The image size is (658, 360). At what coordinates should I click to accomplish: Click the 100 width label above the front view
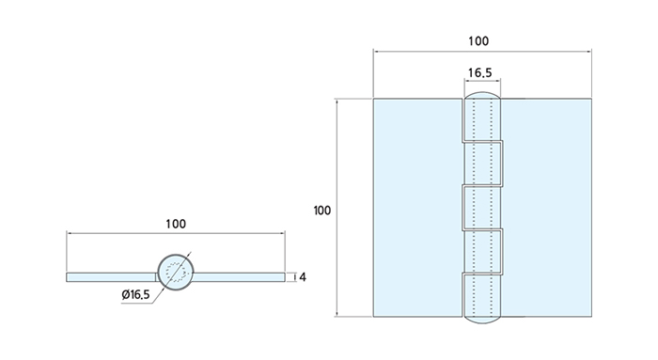tap(478, 41)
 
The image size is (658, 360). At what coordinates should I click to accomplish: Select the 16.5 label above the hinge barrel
tap(479, 73)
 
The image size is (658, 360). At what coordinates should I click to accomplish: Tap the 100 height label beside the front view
tap(321, 211)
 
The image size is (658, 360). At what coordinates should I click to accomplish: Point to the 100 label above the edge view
tap(176, 224)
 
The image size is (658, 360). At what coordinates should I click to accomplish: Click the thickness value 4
tap(303, 277)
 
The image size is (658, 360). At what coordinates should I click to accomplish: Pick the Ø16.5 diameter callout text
tap(135, 294)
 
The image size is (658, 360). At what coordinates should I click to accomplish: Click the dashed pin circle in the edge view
tap(176, 272)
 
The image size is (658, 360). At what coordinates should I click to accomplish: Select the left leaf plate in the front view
tap(418, 208)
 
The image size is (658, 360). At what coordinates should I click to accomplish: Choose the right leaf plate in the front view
tap(547, 208)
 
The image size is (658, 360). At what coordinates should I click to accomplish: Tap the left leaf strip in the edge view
tap(112, 277)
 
